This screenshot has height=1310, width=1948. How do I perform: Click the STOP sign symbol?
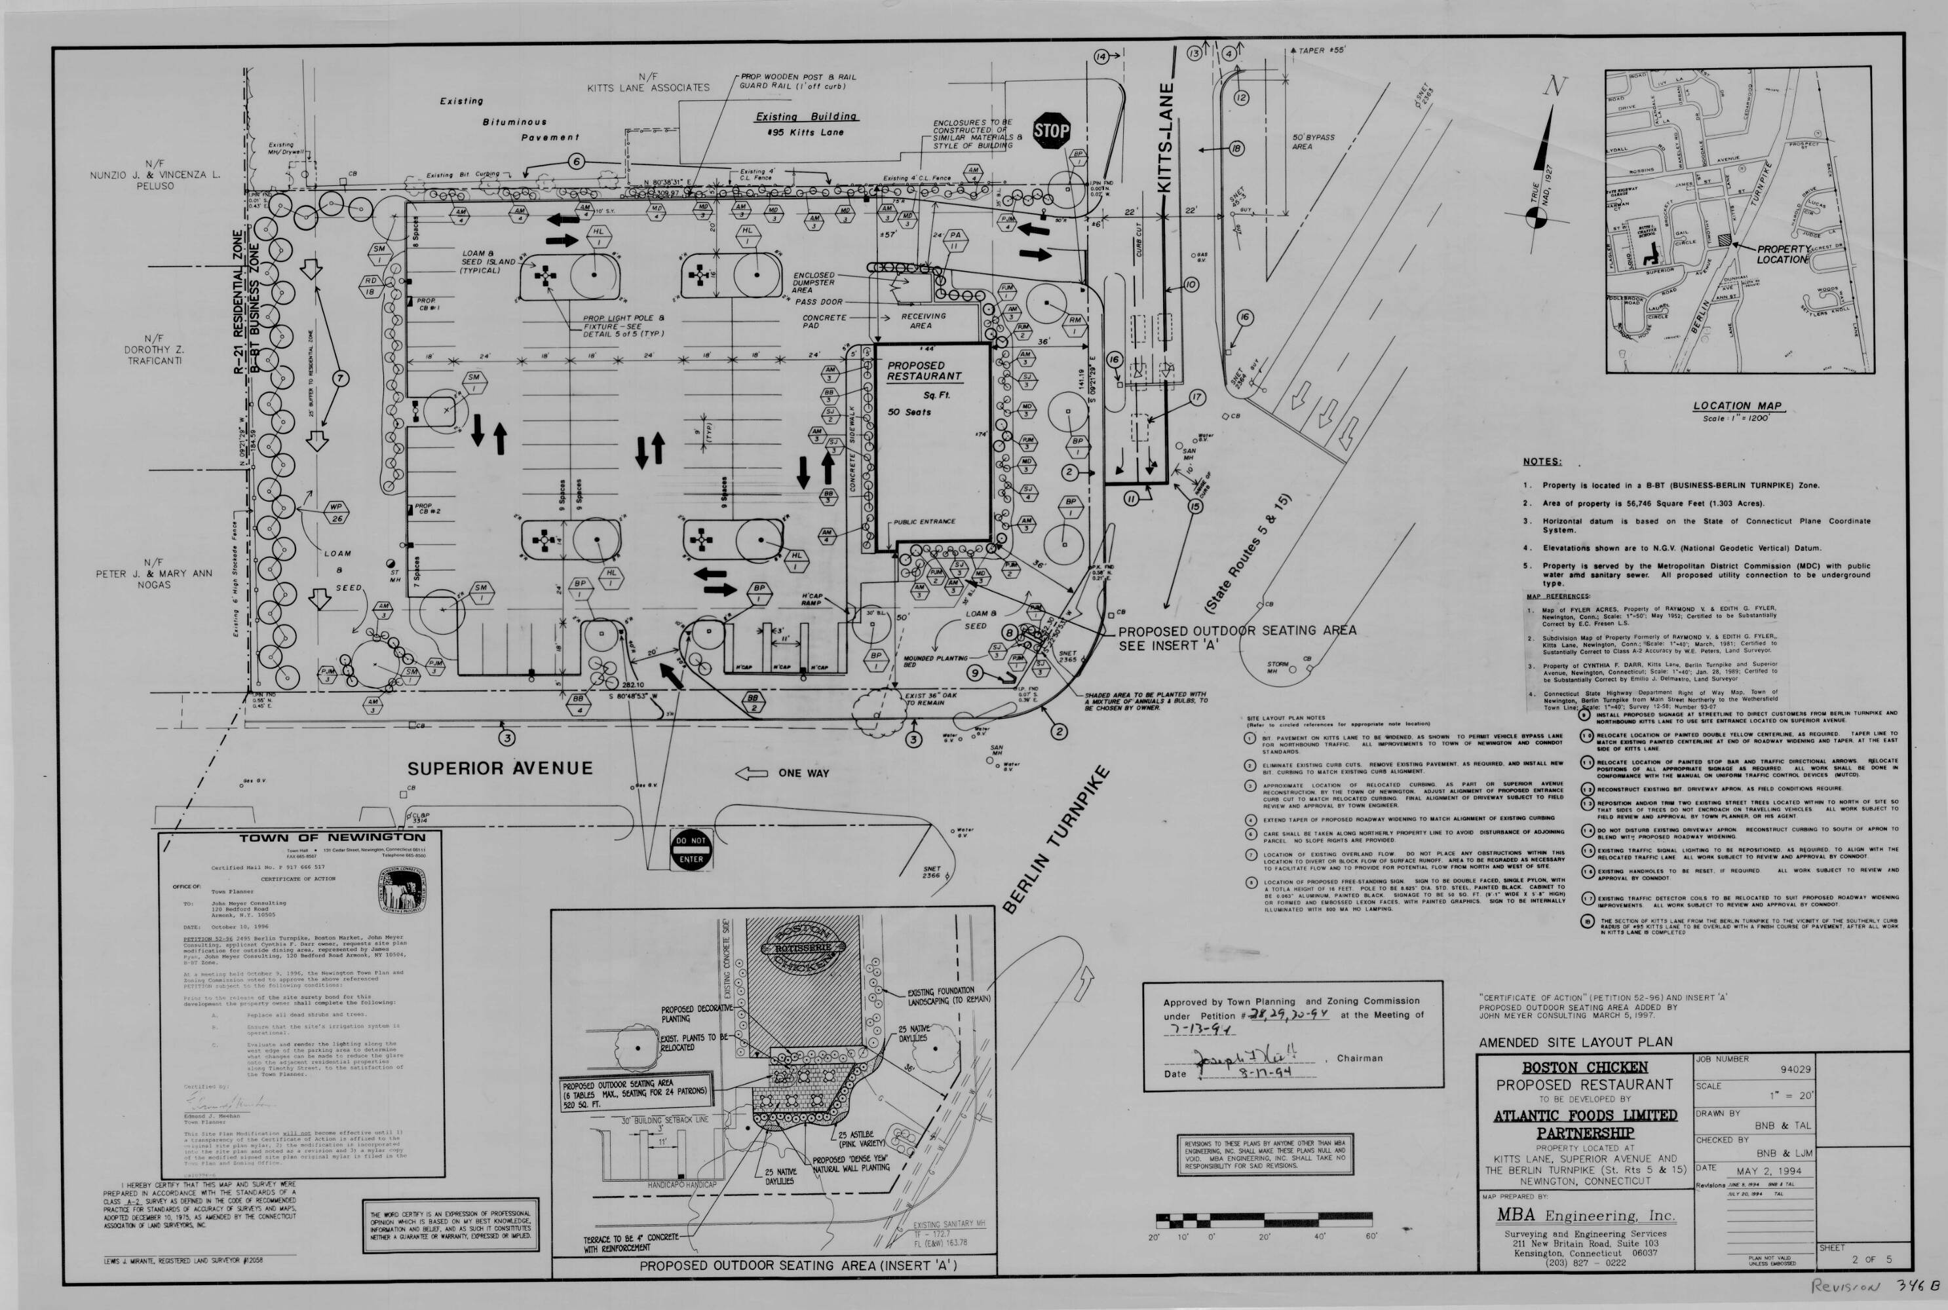pyautogui.click(x=1050, y=131)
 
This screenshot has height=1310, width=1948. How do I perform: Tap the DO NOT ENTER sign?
pyautogui.click(x=691, y=850)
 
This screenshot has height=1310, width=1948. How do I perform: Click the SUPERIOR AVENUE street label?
pyautogui.click(x=500, y=768)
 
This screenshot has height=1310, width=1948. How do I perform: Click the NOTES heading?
pyautogui.click(x=1541, y=461)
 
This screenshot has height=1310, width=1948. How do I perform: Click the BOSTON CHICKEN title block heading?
pyautogui.click(x=1584, y=1068)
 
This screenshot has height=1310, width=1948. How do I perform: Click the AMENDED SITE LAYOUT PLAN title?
pyautogui.click(x=1575, y=1042)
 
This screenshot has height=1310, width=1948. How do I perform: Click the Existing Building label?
pyautogui.click(x=806, y=117)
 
